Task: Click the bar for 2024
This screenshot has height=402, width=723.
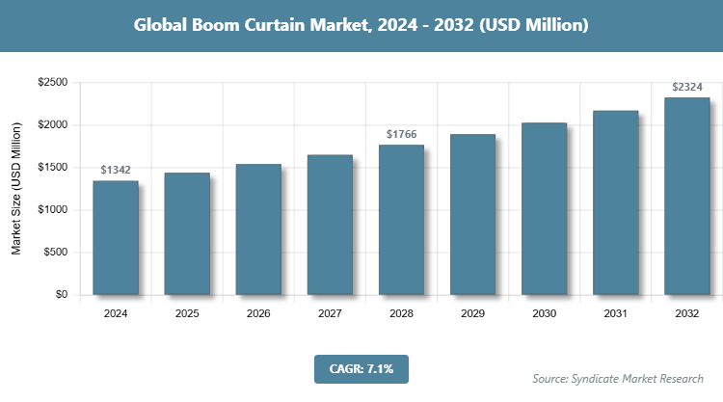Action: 116,237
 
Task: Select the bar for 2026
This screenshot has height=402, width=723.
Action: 258,229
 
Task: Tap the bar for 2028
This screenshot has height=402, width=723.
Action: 401,220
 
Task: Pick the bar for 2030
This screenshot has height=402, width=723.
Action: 544,208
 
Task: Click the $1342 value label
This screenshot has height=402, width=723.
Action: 116,170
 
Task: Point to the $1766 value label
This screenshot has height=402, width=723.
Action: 401,134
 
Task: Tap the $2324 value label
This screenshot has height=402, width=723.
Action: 686,87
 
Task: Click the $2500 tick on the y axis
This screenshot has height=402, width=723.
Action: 52,83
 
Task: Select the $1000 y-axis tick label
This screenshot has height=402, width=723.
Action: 52,210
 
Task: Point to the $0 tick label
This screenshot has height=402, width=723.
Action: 60,295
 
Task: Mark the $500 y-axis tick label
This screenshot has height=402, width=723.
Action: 55,253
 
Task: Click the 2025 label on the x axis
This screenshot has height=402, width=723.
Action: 187,313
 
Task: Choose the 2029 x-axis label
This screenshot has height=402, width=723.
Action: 472,313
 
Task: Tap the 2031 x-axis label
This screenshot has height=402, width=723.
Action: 615,313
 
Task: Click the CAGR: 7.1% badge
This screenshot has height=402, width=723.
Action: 361,368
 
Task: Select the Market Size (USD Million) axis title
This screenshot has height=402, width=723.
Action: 16,189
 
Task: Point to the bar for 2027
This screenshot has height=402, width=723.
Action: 330,225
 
